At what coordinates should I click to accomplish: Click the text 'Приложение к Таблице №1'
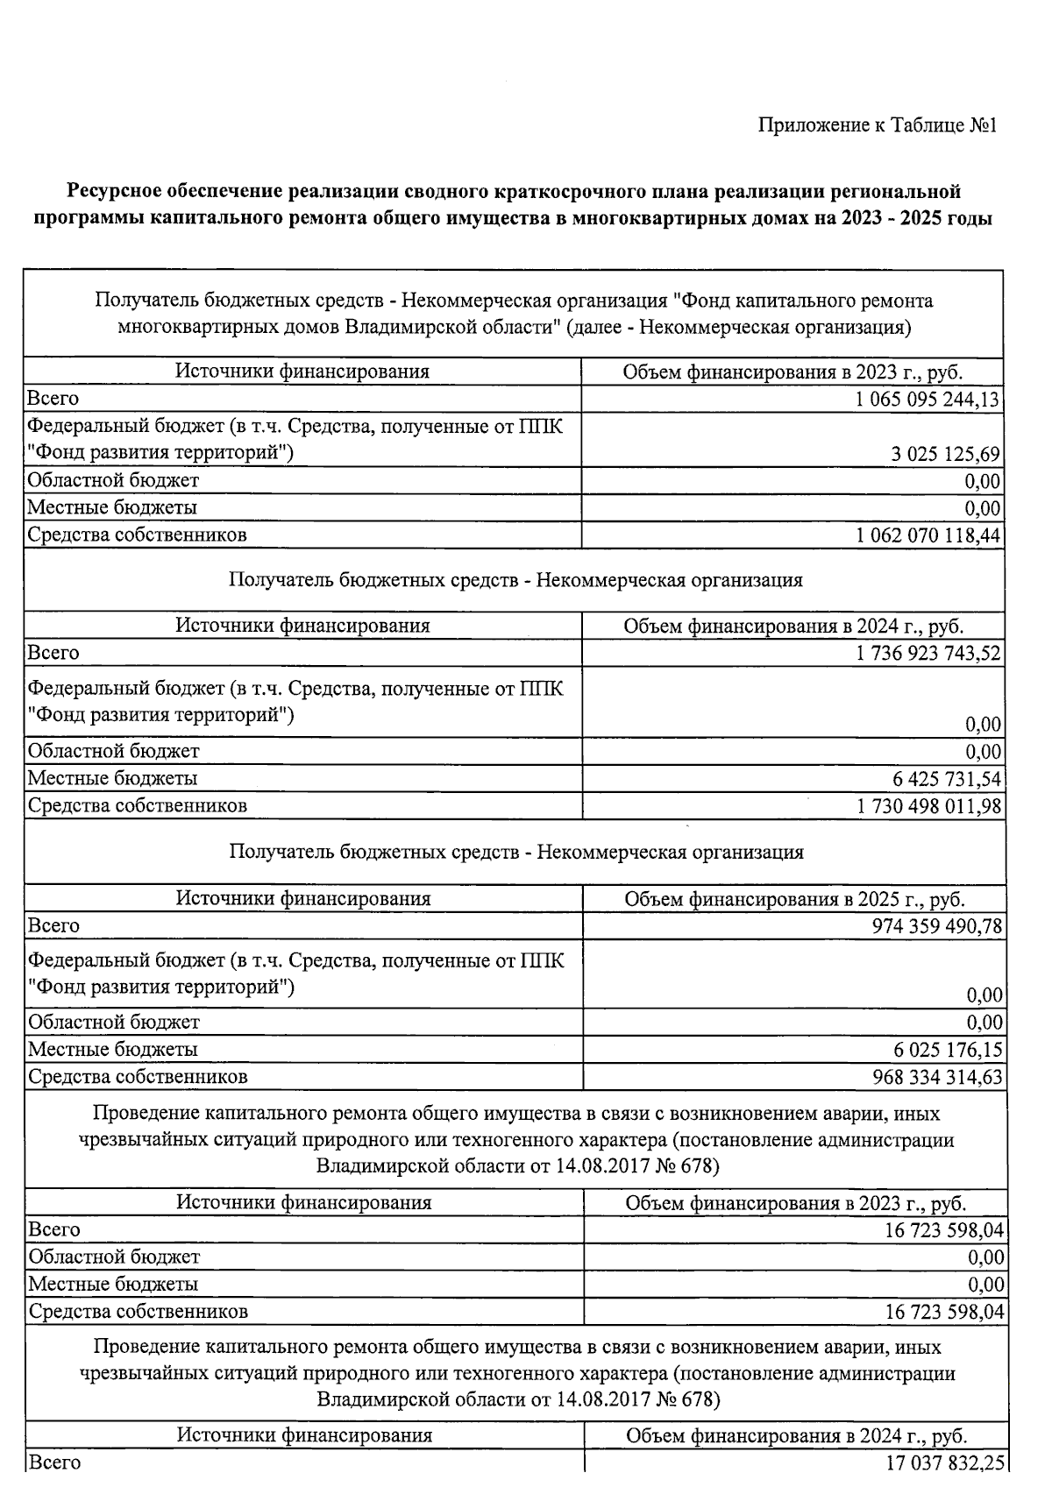(x=878, y=126)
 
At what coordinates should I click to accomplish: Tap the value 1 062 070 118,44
(x=928, y=535)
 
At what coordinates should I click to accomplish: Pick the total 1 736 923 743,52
(x=928, y=654)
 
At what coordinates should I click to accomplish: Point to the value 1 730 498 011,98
(x=928, y=806)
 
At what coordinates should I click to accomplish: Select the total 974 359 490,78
(x=937, y=926)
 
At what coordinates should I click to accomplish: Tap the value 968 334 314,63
(x=937, y=1077)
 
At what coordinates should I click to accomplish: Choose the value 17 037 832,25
(x=944, y=1462)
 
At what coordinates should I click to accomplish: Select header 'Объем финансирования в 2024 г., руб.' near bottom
(x=796, y=1436)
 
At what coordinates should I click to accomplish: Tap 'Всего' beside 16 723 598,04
(x=54, y=1229)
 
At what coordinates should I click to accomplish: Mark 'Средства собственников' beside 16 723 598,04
(x=139, y=1312)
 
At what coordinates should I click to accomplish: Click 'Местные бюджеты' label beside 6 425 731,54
(x=113, y=779)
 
